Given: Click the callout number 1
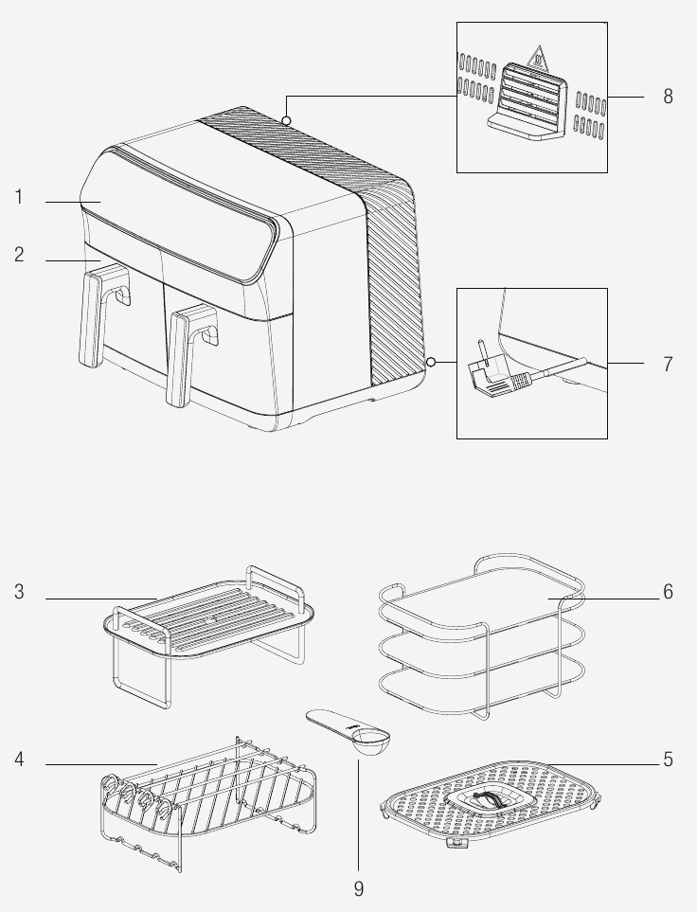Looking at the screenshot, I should pyautogui.click(x=19, y=198).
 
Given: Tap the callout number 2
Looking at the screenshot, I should pyautogui.click(x=19, y=256).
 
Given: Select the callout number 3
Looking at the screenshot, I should pyautogui.click(x=19, y=593).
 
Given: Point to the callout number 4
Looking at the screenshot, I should pyautogui.click(x=19, y=760).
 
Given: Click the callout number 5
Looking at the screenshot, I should pyautogui.click(x=668, y=760).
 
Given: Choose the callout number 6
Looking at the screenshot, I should pyautogui.click(x=668, y=593).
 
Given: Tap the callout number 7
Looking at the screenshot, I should pyautogui.click(x=668, y=364).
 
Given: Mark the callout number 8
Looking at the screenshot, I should pyautogui.click(x=668, y=97).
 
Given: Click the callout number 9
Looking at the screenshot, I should pyautogui.click(x=358, y=888).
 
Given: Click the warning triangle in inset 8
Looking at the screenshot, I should pyautogui.click(x=537, y=55).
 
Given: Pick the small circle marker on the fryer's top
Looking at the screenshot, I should pyautogui.click(x=286, y=120).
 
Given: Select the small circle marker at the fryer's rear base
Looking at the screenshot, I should pyautogui.click(x=431, y=362).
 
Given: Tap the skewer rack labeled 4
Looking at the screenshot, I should pyautogui.click(x=208, y=791).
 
